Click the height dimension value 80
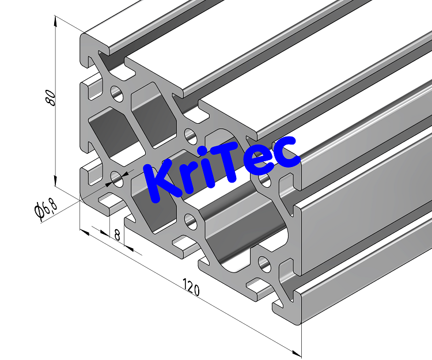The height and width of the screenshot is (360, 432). pos(50,97)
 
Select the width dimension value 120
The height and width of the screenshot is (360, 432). pos(192,286)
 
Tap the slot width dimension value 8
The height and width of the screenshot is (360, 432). pos(117,234)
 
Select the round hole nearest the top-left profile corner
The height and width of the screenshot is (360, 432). pos(117,91)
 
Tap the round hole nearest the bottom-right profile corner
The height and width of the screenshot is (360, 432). pos(264,264)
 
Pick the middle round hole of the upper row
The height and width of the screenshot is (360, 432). pos(190,136)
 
